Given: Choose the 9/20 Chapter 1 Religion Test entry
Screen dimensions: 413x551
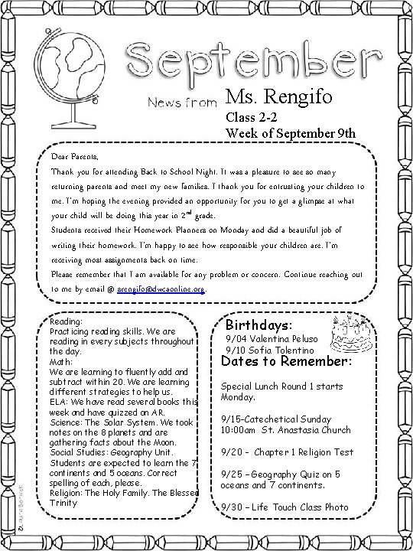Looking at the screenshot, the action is pos(286,452).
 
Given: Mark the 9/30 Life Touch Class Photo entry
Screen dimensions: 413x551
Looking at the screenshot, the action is pos(284,507).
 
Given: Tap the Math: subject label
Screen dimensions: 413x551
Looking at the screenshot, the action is pos(61,362).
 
